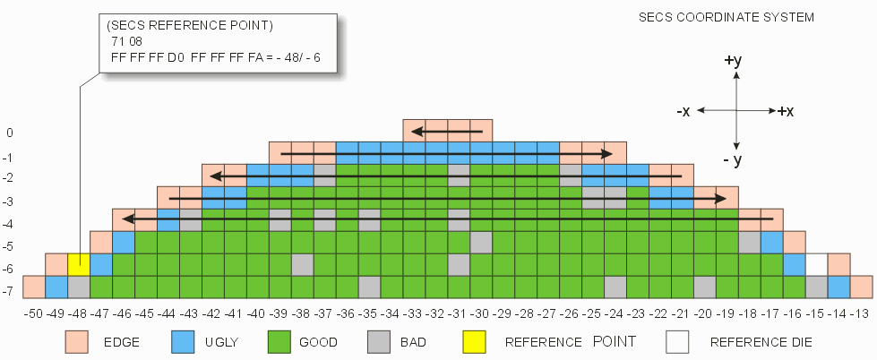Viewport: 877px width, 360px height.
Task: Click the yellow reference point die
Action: pyautogui.click(x=78, y=264)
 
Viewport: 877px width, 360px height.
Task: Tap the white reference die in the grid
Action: pyautogui.click(x=816, y=264)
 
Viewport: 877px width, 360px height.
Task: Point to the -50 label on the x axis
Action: pyautogui.click(x=33, y=313)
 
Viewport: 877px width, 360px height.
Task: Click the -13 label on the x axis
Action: pyautogui.click(x=861, y=313)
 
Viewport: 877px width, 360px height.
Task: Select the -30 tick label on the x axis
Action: pyautogui.click(x=480, y=313)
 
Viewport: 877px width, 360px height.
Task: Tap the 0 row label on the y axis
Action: pyautogui.click(x=10, y=133)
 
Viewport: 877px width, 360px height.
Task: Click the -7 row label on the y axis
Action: pyautogui.click(x=8, y=292)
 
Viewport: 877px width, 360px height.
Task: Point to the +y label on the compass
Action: pyautogui.click(x=733, y=61)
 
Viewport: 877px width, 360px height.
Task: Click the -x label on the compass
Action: pyautogui.click(x=684, y=111)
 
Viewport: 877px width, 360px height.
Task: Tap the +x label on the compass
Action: pyautogui.click(x=786, y=111)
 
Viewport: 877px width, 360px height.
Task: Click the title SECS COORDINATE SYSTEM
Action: pyautogui.click(x=726, y=17)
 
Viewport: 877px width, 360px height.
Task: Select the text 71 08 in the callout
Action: pyautogui.click(x=127, y=41)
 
